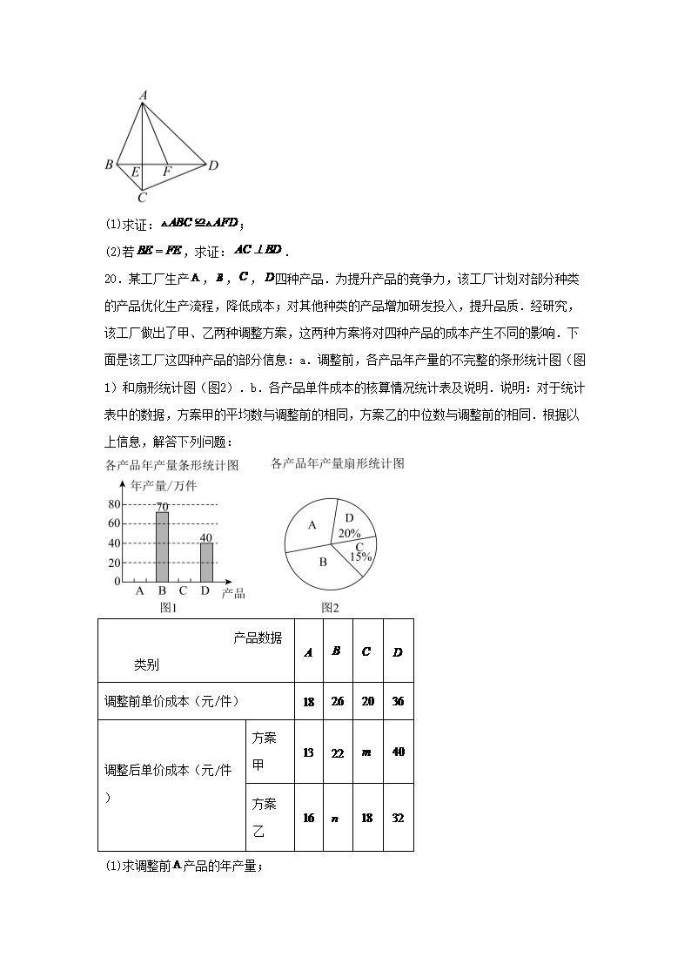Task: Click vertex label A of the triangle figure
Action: coord(143,95)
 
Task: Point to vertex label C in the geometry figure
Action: coord(142,197)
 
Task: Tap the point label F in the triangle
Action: coord(166,172)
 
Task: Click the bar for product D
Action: coord(206,562)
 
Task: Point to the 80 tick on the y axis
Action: coord(114,504)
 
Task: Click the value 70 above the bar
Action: coord(162,507)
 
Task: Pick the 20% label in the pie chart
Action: coord(349,533)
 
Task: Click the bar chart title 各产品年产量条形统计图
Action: coord(171,466)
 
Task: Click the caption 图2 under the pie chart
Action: coord(330,607)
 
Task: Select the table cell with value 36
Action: coord(398,701)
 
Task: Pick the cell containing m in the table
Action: coord(366,752)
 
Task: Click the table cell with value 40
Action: coord(398,752)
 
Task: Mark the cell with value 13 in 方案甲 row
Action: coord(308,752)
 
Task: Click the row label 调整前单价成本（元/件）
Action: coord(171,701)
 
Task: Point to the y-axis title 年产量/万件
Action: coord(164,486)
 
